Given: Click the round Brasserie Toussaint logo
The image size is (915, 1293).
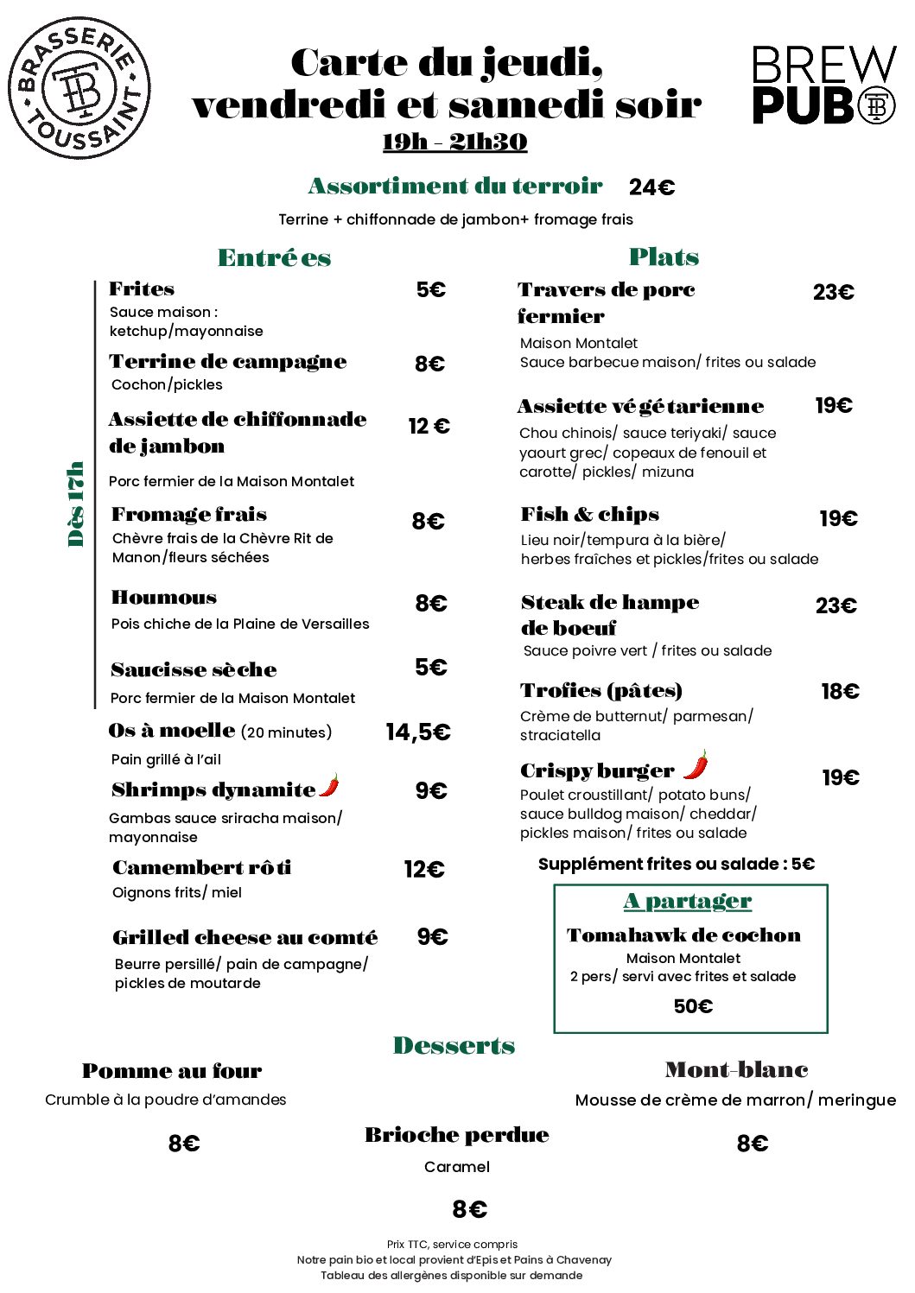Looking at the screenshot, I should [x=79, y=87].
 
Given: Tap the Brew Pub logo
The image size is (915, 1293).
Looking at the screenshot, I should [x=823, y=86].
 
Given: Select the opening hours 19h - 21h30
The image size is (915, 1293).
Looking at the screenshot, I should [x=454, y=142].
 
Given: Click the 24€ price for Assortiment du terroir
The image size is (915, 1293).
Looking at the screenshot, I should [x=651, y=187].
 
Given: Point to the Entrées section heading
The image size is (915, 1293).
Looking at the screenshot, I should [x=274, y=257].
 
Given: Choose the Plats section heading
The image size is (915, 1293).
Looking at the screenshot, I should [x=664, y=257].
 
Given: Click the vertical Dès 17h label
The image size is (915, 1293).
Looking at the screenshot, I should [x=76, y=504].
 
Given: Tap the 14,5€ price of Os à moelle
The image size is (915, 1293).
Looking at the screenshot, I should [x=417, y=732].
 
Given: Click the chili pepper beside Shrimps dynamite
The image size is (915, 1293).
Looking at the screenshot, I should [x=329, y=785].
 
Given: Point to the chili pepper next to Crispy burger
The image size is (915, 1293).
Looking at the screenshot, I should [x=696, y=764].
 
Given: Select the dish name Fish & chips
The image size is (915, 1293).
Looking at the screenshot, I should [x=589, y=515].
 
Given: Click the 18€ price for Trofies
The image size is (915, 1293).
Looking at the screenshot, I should [x=840, y=691].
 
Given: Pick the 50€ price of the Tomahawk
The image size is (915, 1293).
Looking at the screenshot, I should [x=693, y=1006].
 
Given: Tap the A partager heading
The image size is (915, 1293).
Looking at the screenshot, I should [x=688, y=901].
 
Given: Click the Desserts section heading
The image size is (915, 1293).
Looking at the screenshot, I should [x=454, y=1046].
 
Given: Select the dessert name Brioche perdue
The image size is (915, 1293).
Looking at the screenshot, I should [x=456, y=1135].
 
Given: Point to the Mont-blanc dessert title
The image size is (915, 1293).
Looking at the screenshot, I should [x=736, y=1070].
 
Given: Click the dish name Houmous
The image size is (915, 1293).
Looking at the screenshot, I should [x=164, y=598].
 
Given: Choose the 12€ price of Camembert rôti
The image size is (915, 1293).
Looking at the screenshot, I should [x=423, y=869].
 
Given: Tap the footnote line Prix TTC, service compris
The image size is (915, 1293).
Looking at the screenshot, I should [x=452, y=1245].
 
